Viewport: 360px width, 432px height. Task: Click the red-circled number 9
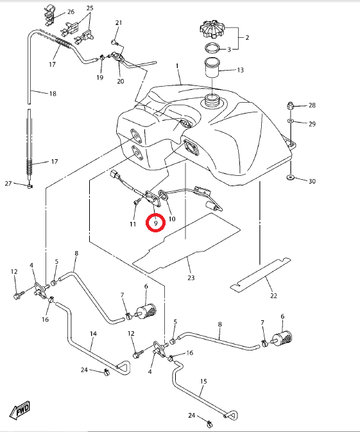pos(156,223)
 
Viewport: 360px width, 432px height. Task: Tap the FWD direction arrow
pos(19,410)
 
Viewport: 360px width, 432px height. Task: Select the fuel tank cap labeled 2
pos(212,29)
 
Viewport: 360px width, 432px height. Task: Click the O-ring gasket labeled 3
pos(212,48)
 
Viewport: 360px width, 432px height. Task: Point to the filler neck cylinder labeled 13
pos(212,67)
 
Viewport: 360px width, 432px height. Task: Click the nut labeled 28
pos(290,105)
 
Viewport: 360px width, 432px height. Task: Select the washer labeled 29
pos(290,121)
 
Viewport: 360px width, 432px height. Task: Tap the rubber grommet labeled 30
pos(290,177)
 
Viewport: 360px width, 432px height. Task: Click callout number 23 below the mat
pos(191,278)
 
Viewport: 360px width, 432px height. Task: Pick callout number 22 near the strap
pos(273,296)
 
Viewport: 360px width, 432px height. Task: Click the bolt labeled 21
pos(114,42)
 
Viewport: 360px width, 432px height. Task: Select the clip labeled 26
pos(49,15)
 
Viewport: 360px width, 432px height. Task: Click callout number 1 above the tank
pos(177,66)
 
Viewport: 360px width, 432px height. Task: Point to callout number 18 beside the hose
pos(53,94)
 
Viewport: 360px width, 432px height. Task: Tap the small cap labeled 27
pos(30,186)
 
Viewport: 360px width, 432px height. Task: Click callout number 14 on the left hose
pos(94,334)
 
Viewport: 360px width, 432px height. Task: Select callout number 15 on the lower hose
pos(203,381)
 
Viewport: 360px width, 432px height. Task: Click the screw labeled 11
pos(136,202)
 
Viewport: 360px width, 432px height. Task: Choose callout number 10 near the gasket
pos(172,219)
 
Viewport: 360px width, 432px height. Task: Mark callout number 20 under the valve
pos(121,82)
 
